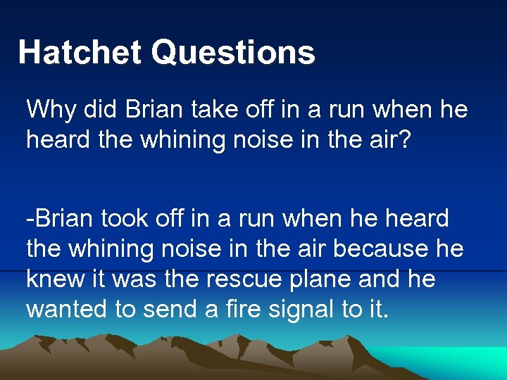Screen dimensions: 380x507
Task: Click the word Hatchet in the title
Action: (x=79, y=53)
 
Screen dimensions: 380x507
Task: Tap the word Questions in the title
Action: (x=233, y=53)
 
